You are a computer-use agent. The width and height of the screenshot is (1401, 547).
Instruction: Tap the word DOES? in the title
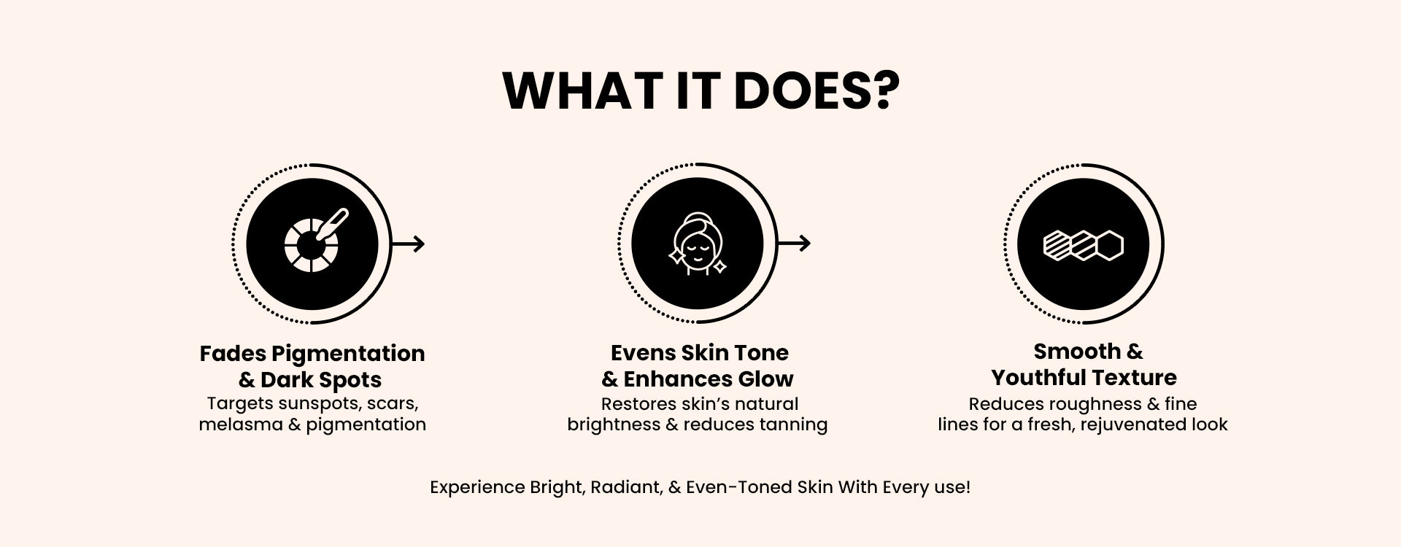817,91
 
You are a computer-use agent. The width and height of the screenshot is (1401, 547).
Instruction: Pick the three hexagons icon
1083,245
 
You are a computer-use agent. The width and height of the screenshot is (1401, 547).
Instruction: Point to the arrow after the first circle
408,244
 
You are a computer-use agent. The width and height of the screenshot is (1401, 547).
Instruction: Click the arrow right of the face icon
794,244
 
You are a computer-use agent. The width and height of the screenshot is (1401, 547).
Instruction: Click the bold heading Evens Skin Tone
700,353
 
